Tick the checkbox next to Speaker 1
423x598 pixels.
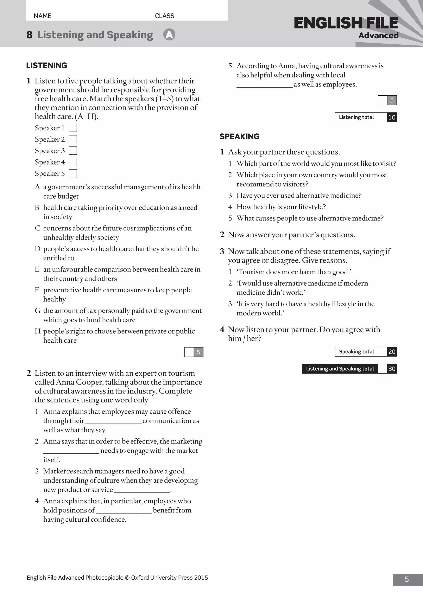(73, 128)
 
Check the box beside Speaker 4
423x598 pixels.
(73, 162)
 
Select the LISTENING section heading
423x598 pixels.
(47, 65)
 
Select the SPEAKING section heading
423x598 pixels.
(239, 136)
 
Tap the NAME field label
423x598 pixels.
(43, 16)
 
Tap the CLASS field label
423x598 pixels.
(164, 16)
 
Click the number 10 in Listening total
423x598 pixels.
(392, 117)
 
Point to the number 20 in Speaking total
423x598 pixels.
(392, 352)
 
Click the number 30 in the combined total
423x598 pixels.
(392, 369)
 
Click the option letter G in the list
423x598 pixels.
(38, 310)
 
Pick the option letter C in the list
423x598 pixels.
(38, 228)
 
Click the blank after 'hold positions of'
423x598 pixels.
(124, 510)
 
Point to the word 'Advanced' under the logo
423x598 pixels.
(378, 36)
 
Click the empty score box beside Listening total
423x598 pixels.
(382, 117)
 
